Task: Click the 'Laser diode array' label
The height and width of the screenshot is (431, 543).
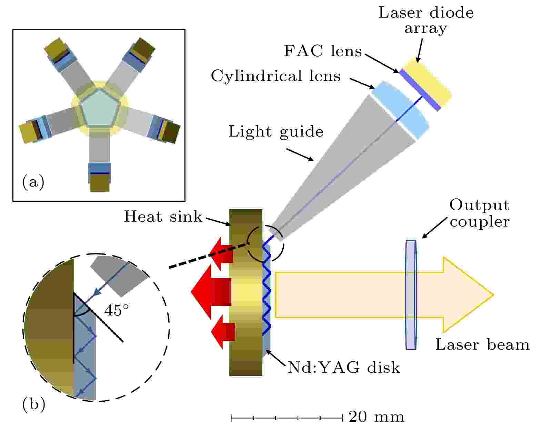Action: click(426, 20)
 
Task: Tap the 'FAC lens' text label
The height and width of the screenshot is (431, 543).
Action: click(323, 51)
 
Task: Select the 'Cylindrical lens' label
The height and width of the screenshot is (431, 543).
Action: click(276, 76)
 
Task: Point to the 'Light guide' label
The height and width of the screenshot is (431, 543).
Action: click(276, 131)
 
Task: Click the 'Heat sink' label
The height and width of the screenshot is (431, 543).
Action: click(163, 217)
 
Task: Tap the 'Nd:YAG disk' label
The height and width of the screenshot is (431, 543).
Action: click(344, 368)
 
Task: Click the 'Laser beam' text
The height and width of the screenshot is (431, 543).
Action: click(482, 345)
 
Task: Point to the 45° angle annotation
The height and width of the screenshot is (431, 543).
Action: click(117, 310)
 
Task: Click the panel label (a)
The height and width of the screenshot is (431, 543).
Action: click(33, 182)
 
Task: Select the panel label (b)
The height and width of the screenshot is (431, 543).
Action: click(34, 404)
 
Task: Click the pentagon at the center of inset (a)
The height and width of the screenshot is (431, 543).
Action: click(99, 108)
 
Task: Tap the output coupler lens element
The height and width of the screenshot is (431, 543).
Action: click(411, 295)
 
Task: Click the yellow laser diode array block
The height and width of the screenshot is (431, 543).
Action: click(427, 82)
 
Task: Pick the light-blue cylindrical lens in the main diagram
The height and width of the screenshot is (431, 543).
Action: click(401, 110)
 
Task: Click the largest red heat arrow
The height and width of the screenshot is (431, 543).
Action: click(211, 292)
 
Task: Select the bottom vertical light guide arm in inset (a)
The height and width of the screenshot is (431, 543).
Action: click(100, 145)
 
